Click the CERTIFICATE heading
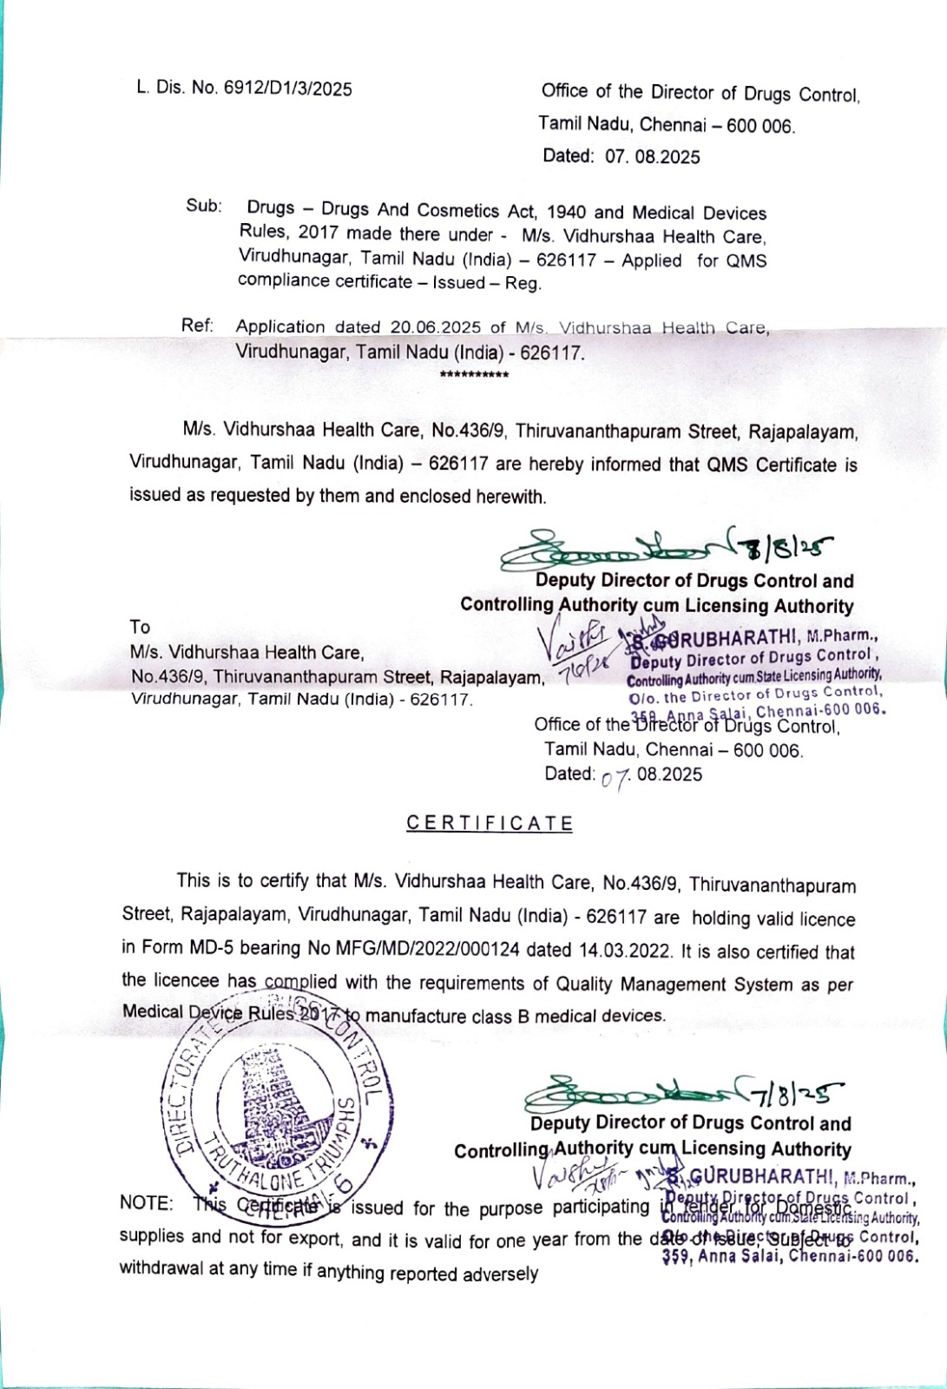coord(490,823)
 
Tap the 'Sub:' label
coord(204,207)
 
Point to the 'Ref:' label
coord(198,326)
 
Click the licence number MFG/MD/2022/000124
coord(423,950)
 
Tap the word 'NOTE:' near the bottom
coord(146,1203)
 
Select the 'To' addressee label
coord(140,627)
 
